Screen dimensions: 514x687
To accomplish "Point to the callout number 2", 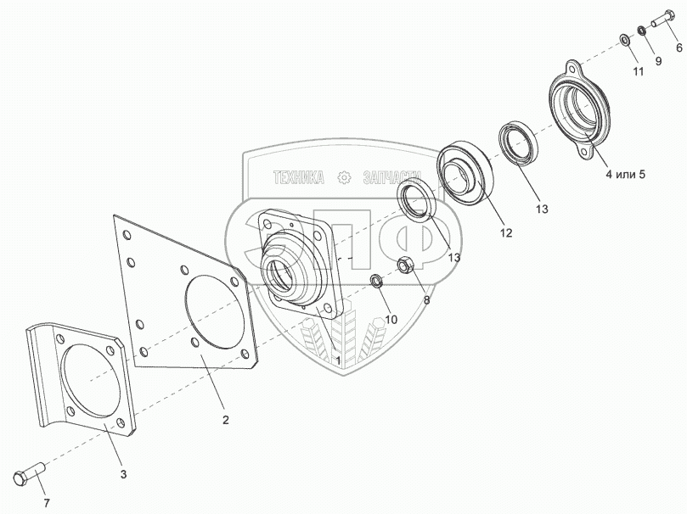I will tap(226, 418).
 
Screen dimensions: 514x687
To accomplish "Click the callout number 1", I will tap(337, 360).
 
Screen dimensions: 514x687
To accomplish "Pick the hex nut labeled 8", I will tap(407, 265).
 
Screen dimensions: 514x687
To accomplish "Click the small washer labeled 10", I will tap(376, 281).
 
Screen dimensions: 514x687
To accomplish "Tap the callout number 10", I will tap(391, 319).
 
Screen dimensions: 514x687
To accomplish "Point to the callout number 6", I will tap(679, 49).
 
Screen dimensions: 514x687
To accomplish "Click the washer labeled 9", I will tap(642, 32).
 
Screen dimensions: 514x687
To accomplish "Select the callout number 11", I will tap(638, 70).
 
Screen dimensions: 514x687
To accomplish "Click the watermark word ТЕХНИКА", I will tap(298, 177).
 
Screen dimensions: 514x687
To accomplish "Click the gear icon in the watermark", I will tap(345, 177).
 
